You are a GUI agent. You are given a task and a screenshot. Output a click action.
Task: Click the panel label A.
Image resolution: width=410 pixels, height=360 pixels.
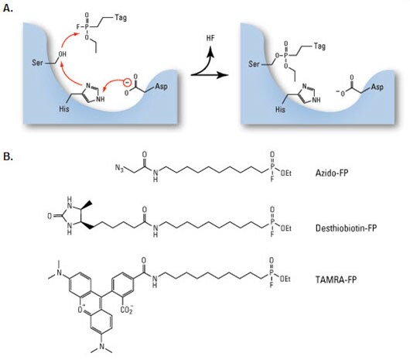8,8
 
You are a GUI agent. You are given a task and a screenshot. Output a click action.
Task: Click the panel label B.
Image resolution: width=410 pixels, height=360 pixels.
8,156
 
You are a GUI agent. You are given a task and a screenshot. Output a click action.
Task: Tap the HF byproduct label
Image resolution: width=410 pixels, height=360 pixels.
210,38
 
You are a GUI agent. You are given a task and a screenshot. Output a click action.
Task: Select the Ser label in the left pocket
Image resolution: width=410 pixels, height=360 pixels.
37,63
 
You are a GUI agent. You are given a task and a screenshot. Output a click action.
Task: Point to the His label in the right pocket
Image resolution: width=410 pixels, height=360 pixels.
280,109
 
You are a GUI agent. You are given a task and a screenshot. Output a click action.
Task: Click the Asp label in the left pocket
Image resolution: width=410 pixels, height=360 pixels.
161,86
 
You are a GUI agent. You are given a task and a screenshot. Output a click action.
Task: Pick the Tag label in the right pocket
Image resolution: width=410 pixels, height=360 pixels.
319,46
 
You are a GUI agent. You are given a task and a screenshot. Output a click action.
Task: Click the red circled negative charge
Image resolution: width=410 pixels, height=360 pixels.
127,82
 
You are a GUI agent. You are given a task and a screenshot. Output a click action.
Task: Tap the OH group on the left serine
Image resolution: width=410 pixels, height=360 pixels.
62,54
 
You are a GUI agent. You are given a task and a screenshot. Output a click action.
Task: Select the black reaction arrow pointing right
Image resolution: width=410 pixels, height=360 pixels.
209,75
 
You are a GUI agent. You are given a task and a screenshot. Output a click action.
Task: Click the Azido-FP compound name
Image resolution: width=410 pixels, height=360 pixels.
332,173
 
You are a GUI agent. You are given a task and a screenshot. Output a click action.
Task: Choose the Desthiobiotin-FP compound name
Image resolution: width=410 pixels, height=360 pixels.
346,228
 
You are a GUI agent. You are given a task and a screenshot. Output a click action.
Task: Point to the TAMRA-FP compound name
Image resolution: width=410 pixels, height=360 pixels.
336,279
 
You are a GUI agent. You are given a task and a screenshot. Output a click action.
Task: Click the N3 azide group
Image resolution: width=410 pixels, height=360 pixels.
119,167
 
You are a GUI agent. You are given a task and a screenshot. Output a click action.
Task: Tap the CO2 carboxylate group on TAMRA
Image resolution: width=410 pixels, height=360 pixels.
127,310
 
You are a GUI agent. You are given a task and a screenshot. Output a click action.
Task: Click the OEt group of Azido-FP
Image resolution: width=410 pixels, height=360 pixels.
285,173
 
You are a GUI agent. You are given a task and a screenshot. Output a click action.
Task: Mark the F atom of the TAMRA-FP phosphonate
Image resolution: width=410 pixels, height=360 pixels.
272,284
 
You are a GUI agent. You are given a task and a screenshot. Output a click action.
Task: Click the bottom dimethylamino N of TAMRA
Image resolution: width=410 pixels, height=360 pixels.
101,346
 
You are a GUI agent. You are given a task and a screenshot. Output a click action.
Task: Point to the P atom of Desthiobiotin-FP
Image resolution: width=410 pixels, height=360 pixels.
272,222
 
